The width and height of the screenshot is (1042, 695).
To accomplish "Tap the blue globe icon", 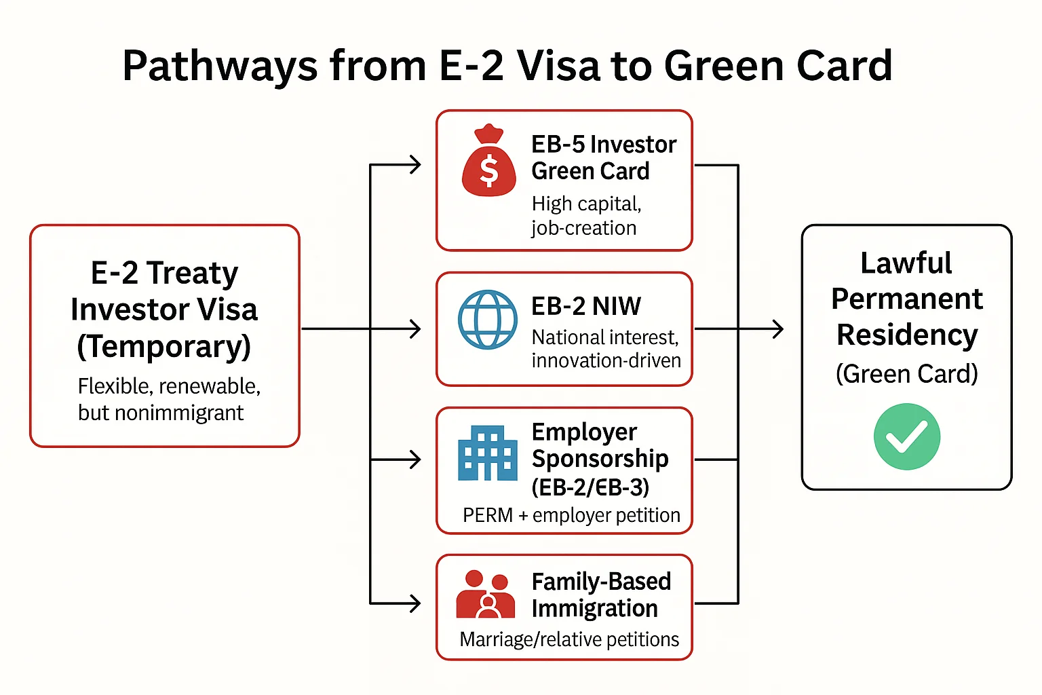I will coord(487,320).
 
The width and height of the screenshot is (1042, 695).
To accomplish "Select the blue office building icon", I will coord(487,453).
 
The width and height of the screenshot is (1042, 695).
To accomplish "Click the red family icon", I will coord(486,595).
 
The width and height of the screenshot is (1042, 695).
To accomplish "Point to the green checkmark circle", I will coord(906,436).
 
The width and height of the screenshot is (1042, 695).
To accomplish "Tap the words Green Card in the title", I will coord(777,67).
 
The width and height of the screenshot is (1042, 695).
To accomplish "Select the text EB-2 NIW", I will coord(586,307).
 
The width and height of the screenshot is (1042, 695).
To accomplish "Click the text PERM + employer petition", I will coord(571,515).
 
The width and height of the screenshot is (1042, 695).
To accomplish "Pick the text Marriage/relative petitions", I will coord(569,639).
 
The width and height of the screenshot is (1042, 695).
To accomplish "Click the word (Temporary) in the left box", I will coord(164,346).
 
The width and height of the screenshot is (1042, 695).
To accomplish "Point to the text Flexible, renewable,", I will coord(169,386).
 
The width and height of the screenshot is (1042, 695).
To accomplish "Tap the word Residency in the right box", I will coord(907,335).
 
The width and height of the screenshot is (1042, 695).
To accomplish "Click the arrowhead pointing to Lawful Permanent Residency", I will coord(777,329).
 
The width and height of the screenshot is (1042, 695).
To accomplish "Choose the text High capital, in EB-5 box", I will coord(586,204).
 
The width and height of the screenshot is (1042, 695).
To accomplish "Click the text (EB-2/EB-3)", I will coord(590,487).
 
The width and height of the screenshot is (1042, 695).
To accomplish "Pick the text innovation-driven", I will coord(606,360).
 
